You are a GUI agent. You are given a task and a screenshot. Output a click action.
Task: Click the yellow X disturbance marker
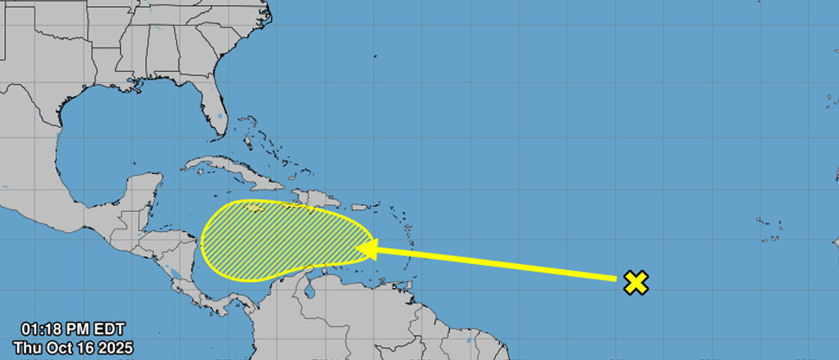click(x=636, y=281)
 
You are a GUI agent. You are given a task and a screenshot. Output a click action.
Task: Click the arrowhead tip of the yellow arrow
click(x=357, y=249)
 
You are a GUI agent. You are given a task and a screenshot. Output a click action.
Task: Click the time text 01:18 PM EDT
click(x=74, y=329)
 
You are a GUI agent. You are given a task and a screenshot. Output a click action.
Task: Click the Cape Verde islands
click(x=769, y=229)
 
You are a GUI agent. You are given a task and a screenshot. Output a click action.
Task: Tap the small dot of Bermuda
click(x=376, y=57)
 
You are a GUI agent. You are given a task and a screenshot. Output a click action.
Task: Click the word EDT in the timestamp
click(x=110, y=329)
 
